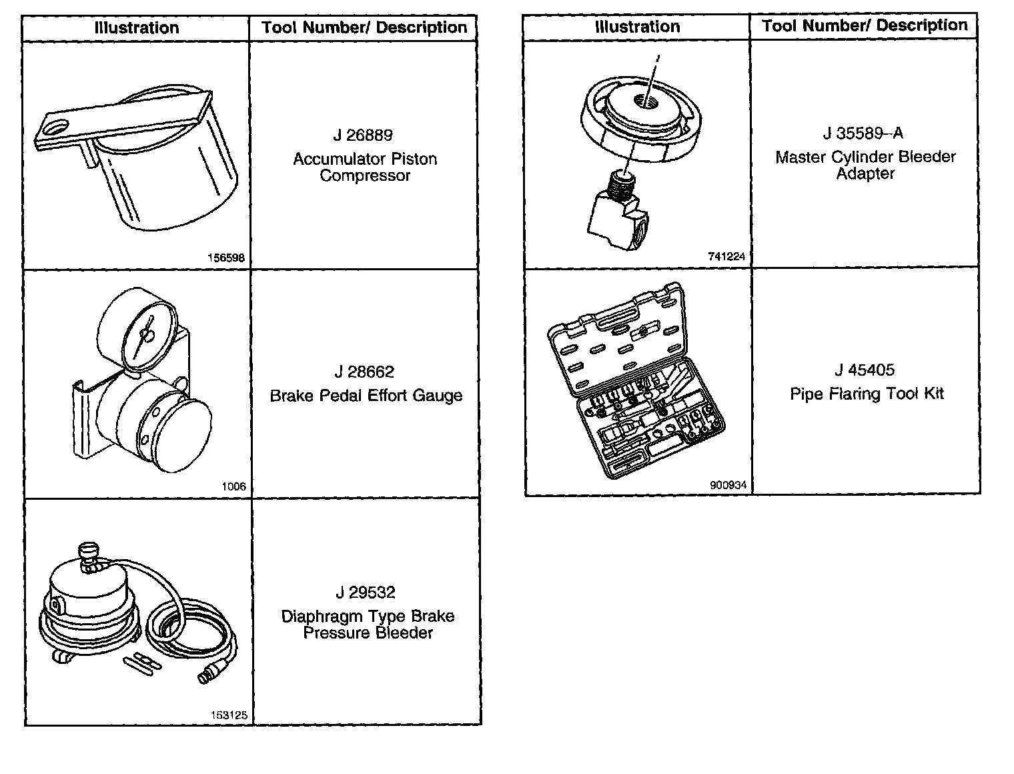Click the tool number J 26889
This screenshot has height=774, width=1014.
pos(363,135)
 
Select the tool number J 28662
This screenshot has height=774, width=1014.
pos(364,372)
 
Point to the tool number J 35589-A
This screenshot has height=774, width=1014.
pos(863,133)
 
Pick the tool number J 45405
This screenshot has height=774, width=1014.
pos(865,370)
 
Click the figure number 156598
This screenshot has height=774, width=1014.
pos(227,259)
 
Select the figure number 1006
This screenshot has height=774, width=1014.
pos(233,486)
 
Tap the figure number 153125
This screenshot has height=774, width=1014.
pos(229,715)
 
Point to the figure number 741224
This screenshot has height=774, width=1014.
pos(727,256)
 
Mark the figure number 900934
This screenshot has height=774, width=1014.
pos(728,486)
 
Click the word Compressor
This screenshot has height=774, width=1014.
pos(365,176)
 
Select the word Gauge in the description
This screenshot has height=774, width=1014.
pos(437,396)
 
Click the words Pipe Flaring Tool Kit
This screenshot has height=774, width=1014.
pos(867,394)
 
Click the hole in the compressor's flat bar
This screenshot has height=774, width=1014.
pos(60,127)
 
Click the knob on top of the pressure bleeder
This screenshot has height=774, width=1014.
pos(87,552)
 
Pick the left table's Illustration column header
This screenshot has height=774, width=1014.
pos(137,28)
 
